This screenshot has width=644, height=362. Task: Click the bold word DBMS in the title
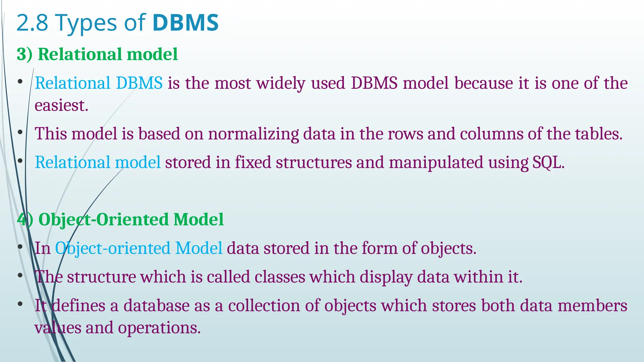186,23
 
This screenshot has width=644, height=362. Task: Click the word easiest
61,105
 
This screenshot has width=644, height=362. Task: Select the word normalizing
253,134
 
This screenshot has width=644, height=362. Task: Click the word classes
280,277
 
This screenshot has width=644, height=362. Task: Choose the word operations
159,328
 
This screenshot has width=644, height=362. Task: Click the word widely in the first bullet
281,83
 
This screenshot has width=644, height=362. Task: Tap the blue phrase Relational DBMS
98,83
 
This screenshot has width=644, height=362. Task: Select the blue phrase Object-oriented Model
139,248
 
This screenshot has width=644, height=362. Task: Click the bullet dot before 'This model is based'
20,133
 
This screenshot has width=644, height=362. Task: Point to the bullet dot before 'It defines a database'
20,304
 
